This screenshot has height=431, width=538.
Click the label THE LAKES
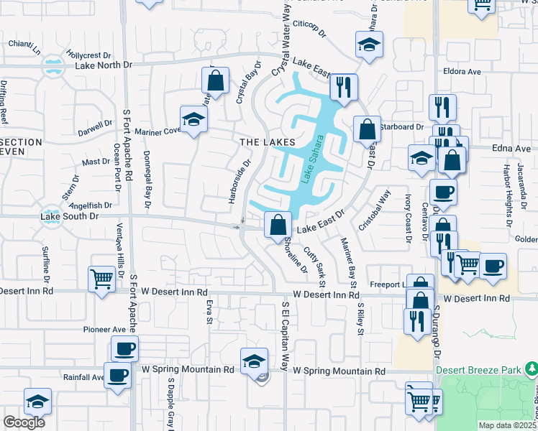click(x=267, y=143)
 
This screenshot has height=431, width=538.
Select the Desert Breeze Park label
click(x=478, y=370)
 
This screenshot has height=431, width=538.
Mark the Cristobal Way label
click(x=375, y=209)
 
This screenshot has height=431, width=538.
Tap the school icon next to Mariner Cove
click(x=193, y=119)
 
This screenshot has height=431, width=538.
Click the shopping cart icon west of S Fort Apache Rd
click(x=101, y=278)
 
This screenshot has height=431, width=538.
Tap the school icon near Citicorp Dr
click(x=369, y=45)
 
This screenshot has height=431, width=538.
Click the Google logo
click(x=24, y=422)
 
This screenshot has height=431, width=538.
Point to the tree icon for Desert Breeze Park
click(x=531, y=370)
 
